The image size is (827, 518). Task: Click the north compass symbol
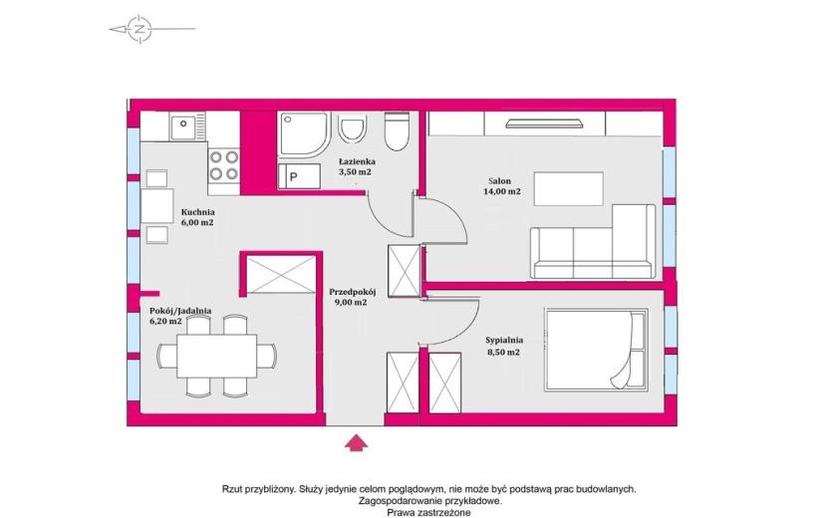[x=139, y=29]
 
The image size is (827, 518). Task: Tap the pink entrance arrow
[x=357, y=443]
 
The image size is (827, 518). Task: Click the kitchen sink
[x=182, y=128]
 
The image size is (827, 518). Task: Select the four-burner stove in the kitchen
[x=223, y=165]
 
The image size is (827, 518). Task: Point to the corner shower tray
[x=304, y=133]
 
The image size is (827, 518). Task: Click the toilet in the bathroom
[x=397, y=131]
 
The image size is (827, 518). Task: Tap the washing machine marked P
[x=299, y=175]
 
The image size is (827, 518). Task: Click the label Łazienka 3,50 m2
[x=357, y=166]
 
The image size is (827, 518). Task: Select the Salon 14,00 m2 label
[x=501, y=186]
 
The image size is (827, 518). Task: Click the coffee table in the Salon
[x=569, y=189]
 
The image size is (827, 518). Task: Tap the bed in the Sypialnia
[x=597, y=350]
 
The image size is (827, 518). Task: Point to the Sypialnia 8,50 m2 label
[x=504, y=346]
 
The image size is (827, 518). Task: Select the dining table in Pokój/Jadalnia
[x=217, y=355]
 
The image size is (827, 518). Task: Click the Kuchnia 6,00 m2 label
[x=197, y=217]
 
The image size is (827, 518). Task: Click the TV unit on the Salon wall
[x=544, y=124]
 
